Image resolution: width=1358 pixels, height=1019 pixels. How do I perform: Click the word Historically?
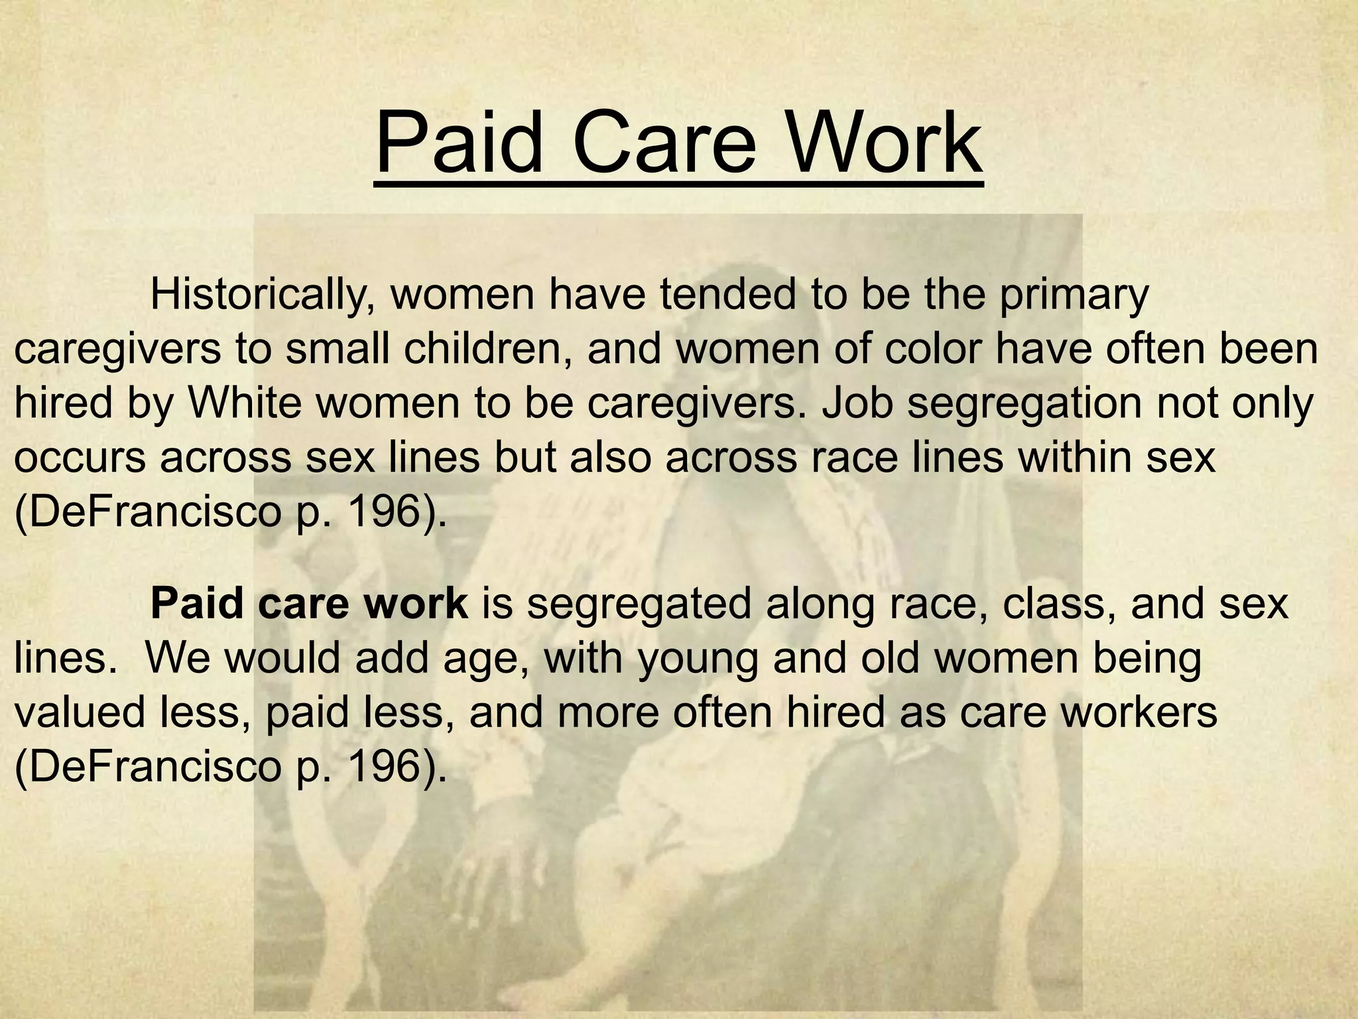[259, 295]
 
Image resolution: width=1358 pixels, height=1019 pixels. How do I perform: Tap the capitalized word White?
[245, 403]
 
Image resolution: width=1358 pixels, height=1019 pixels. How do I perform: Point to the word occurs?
[80, 458]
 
